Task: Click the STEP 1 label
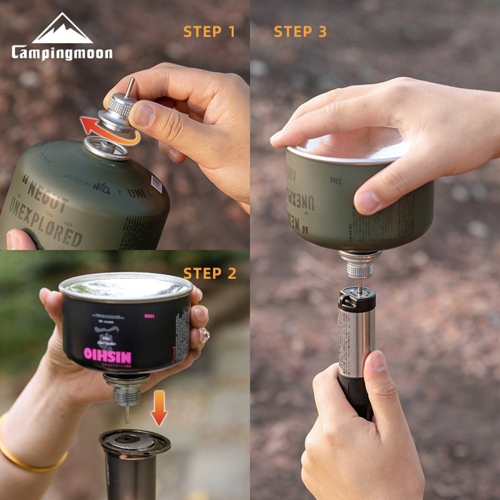(x=209, y=32)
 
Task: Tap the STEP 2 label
(x=209, y=273)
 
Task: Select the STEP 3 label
(x=300, y=32)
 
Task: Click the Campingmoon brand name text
(x=62, y=52)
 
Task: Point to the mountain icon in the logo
(x=62, y=29)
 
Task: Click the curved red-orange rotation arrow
(x=107, y=132)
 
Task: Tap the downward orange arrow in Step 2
(x=159, y=408)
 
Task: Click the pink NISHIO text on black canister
(x=107, y=356)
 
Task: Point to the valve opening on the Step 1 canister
(x=106, y=147)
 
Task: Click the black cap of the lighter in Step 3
(x=356, y=299)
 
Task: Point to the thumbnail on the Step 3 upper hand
(x=367, y=201)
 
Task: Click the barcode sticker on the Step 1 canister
(x=156, y=184)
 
